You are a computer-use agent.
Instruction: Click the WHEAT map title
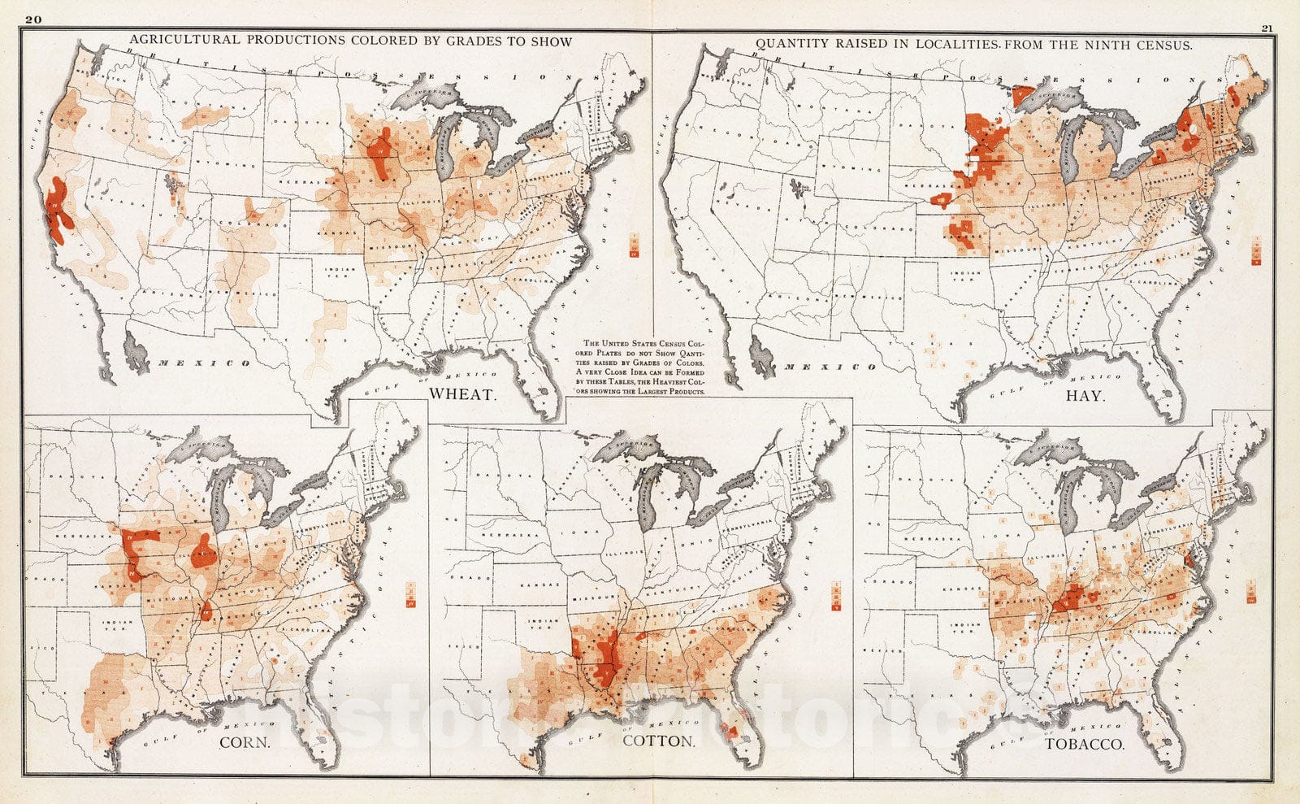[461, 394]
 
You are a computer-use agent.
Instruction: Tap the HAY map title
[1085, 396]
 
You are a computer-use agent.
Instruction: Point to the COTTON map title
[658, 741]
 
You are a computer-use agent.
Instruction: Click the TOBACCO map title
[1085, 743]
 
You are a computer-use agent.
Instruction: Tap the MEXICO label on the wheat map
[204, 363]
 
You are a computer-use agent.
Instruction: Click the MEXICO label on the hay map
[829, 367]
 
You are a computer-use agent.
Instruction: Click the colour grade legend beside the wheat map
[635, 245]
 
